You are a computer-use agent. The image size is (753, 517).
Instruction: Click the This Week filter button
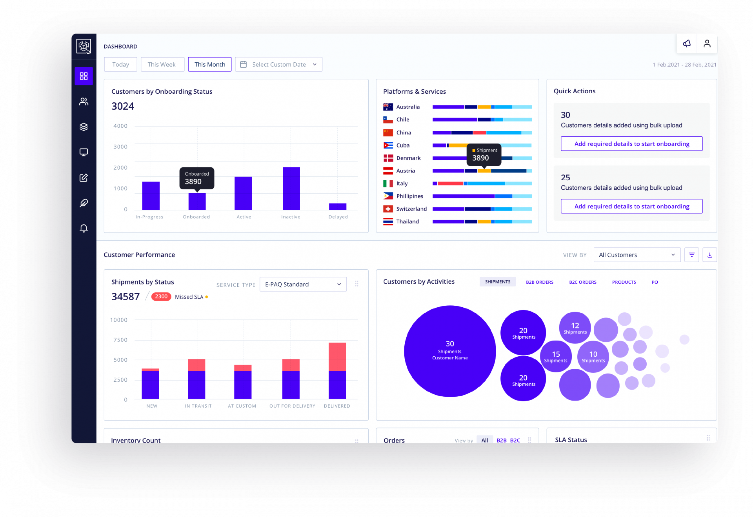coord(162,65)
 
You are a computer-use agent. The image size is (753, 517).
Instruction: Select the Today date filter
coord(120,65)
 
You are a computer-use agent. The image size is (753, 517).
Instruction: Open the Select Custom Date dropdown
coord(278,65)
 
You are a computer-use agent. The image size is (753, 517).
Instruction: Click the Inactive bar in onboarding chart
coord(291,189)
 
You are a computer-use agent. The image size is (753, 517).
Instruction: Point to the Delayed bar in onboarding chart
coord(338,207)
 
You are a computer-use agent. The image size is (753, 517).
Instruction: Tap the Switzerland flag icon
coord(388,209)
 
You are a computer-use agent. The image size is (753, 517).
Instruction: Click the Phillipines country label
coord(409,196)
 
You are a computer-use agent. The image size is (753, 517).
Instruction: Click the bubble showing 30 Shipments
coord(450,351)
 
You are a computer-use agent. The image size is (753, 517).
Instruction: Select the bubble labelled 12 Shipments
coord(575,328)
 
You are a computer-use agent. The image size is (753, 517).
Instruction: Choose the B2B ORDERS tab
coord(540,282)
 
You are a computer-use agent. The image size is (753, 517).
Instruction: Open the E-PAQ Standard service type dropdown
coord(303,285)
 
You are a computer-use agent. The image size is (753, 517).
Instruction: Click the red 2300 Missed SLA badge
coord(161,297)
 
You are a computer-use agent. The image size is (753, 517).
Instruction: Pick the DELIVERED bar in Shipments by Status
coord(337,371)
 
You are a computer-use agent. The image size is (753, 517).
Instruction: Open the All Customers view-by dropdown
coord(637,255)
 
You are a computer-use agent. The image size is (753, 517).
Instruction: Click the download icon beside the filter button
coord(709,255)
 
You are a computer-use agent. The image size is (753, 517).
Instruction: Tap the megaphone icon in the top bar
coord(687,44)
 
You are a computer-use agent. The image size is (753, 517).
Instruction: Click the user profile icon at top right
coord(707,44)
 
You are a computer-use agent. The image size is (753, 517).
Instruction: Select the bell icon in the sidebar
coord(84,229)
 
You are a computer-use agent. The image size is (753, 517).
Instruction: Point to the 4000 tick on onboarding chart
coord(120,126)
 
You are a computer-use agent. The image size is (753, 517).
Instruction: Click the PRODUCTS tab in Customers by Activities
coord(624,282)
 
